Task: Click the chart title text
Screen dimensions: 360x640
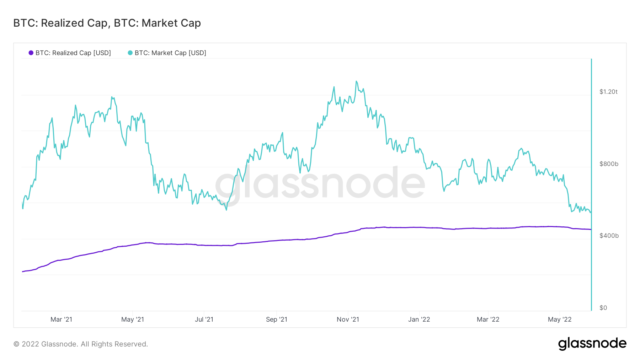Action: (107, 23)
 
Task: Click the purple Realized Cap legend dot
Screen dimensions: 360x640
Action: (31, 53)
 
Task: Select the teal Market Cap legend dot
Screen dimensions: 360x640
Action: (130, 53)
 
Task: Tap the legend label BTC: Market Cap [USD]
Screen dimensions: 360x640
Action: (170, 53)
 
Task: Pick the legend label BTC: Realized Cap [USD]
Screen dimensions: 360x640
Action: (73, 53)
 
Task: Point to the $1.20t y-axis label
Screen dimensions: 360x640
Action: (608, 92)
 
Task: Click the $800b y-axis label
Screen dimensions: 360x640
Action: (609, 164)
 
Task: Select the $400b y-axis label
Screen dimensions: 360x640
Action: (609, 236)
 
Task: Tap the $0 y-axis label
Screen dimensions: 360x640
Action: (603, 308)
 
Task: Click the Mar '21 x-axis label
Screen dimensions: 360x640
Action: (61, 319)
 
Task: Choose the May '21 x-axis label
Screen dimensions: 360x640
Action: (133, 319)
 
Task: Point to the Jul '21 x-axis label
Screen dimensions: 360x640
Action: (204, 319)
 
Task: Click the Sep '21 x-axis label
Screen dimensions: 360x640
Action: (277, 319)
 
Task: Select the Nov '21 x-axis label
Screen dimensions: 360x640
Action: (348, 319)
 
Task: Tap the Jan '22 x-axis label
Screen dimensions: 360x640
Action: (419, 319)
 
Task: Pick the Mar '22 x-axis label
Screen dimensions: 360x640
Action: (488, 319)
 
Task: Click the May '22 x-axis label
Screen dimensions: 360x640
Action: (560, 319)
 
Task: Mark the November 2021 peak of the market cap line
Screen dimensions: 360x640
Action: (356, 81)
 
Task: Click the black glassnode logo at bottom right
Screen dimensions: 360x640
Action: (592, 344)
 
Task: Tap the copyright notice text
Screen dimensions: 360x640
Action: (81, 344)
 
